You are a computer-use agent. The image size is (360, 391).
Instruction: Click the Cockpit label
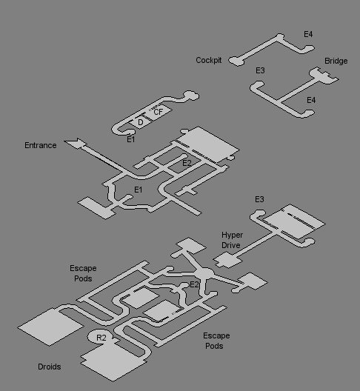tap(209, 60)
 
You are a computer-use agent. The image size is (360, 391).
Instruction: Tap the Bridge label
tap(336, 61)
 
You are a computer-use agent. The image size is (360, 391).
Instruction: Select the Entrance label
tap(41, 145)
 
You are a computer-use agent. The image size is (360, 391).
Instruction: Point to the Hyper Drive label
tap(232, 240)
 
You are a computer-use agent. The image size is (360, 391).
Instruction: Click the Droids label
tap(50, 367)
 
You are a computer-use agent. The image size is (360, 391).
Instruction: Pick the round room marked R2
tap(101, 337)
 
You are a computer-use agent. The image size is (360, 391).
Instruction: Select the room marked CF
tap(158, 112)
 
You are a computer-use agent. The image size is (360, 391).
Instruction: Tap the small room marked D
tap(141, 122)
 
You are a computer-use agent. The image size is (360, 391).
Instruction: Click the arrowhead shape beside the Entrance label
tap(75, 144)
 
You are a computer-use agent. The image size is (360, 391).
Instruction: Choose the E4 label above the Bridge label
tap(308, 34)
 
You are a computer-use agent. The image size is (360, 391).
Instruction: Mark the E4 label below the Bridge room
tap(311, 100)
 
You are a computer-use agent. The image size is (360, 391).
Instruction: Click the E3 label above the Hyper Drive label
tap(259, 199)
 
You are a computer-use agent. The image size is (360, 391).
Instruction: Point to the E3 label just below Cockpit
tap(260, 70)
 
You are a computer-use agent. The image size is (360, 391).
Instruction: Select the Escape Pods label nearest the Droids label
tap(83, 273)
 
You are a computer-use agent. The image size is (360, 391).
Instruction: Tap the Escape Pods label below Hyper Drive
tap(216, 341)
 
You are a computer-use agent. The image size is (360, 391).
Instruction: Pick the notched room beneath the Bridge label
tap(324, 76)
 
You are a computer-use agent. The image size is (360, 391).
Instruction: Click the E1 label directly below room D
tap(131, 139)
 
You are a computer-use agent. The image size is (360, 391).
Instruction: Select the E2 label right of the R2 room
tap(194, 284)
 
